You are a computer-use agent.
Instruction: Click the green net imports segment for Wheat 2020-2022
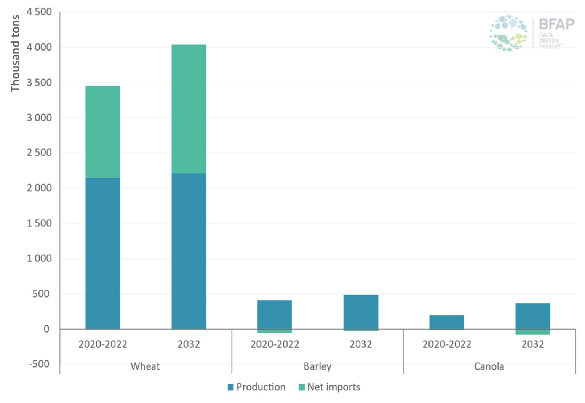(102, 132)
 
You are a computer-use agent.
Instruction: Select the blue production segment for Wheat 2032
(189, 251)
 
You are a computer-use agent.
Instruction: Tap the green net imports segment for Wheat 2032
(189, 109)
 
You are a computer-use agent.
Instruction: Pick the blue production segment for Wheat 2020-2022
(102, 253)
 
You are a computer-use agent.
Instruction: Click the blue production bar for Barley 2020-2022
(274, 314)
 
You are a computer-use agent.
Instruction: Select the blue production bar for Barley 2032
(361, 312)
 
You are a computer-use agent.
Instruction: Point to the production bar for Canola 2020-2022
(446, 322)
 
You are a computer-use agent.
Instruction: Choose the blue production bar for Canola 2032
(532, 316)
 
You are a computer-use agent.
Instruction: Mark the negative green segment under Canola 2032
(532, 332)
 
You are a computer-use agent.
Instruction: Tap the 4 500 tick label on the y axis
(39, 12)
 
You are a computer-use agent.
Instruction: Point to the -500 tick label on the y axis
(39, 364)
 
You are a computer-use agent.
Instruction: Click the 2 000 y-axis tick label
(39, 188)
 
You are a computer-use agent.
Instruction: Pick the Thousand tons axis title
(15, 53)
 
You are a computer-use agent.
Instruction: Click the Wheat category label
(145, 366)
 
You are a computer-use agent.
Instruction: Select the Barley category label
(317, 366)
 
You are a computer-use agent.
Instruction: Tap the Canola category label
(489, 366)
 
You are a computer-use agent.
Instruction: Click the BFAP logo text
(556, 24)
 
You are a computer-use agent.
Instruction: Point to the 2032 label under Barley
(361, 344)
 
